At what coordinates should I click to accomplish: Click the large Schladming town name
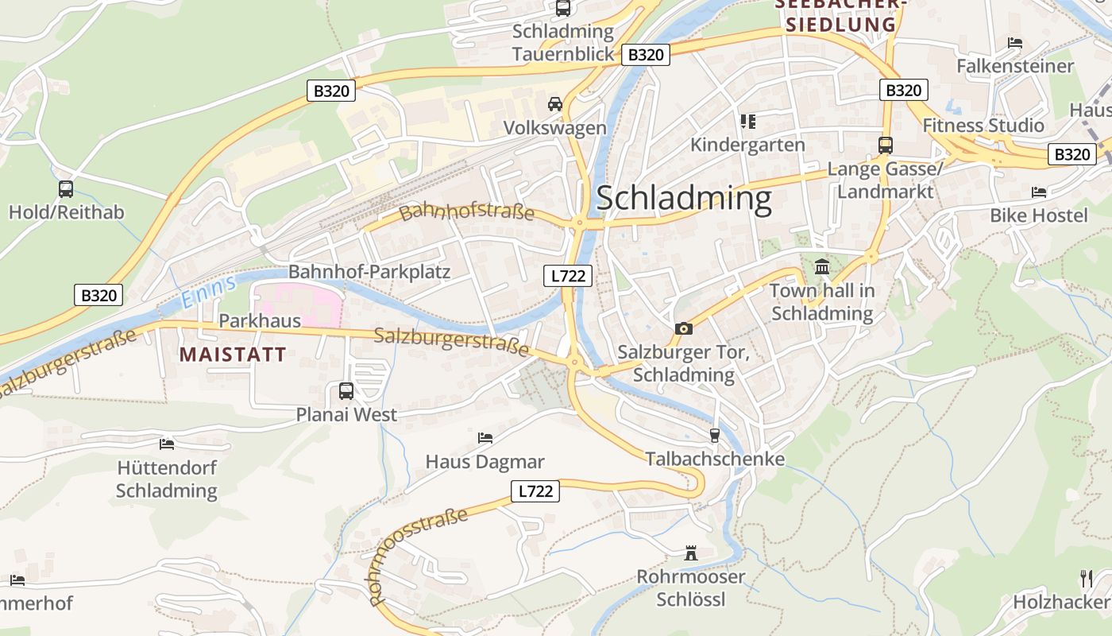[684, 198]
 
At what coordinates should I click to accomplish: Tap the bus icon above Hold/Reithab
[66, 189]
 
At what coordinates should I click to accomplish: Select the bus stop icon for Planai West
[346, 391]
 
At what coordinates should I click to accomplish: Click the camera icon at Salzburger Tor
[683, 328]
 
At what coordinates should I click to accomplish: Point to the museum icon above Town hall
[822, 266]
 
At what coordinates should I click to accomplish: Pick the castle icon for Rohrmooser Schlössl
[691, 553]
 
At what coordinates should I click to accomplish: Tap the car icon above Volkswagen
[555, 104]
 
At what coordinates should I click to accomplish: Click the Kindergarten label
[747, 145]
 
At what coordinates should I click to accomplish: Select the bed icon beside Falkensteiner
[1014, 43]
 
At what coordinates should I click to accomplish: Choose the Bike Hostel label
[1038, 215]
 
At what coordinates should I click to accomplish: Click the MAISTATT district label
[233, 355]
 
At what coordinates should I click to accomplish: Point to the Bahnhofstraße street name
[466, 212]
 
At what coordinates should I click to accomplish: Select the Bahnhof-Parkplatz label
[369, 272]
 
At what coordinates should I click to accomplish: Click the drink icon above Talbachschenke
[714, 435]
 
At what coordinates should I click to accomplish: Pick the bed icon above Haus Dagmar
[485, 438]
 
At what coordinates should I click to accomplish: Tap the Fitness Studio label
[983, 126]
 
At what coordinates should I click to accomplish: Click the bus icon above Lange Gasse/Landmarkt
[885, 145]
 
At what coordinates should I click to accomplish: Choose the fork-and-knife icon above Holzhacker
[1087, 578]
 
